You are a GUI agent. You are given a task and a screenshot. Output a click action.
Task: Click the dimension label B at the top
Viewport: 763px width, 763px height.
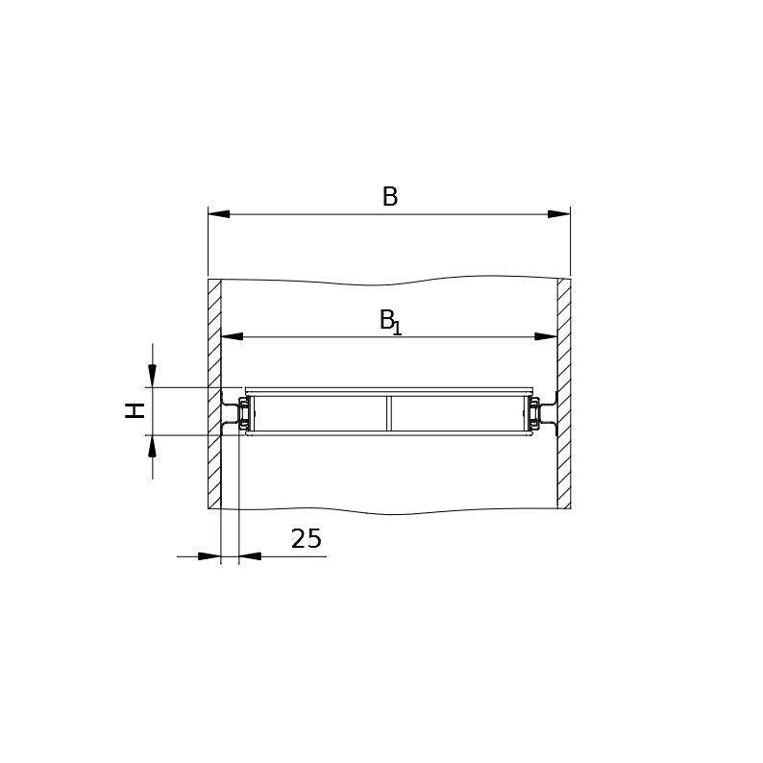[390, 197]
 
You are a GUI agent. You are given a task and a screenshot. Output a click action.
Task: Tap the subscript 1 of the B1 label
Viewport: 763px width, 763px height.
[397, 328]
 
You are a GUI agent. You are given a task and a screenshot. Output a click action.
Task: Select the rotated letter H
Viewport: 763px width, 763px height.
[135, 410]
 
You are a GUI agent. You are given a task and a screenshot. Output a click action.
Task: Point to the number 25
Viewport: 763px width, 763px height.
[307, 539]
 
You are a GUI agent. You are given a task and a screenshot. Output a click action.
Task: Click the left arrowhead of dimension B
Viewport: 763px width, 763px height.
[219, 214]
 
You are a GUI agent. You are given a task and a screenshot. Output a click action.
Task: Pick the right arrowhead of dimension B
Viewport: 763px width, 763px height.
[559, 214]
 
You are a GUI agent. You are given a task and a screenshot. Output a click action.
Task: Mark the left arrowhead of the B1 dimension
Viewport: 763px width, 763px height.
[233, 336]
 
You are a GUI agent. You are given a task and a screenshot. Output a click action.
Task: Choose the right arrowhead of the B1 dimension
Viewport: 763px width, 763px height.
[546, 336]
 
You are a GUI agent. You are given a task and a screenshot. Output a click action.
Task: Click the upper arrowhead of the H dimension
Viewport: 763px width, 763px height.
[152, 377]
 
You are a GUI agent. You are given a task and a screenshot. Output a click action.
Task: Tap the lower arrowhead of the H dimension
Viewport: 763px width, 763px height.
[152, 446]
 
